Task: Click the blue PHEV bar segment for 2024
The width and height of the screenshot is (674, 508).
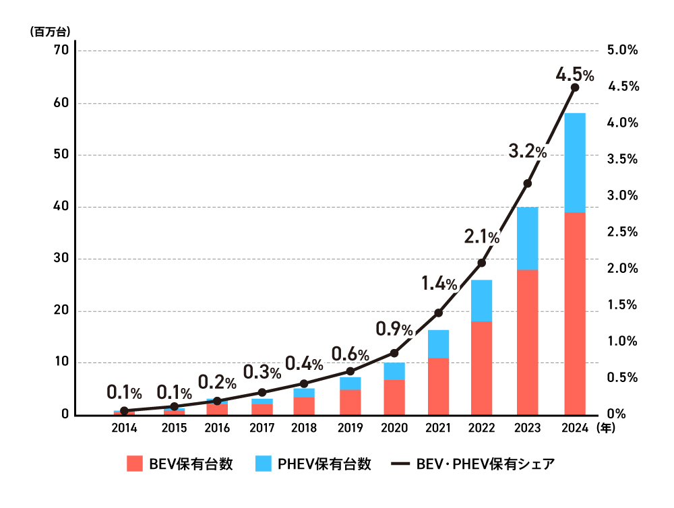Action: point(575,162)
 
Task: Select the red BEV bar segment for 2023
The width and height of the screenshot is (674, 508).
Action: point(527,342)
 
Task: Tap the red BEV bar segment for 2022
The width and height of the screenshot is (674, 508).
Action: point(481,368)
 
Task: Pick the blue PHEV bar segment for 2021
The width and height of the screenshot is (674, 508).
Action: point(438,344)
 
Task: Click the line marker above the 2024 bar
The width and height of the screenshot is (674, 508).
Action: point(575,88)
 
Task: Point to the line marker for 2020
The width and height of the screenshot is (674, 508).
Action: point(395,353)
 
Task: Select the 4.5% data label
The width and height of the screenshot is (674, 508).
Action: point(574,74)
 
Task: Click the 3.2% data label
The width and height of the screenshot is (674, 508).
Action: point(527,152)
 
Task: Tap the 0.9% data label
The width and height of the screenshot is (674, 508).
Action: point(394,329)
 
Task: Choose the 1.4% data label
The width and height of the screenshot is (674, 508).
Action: point(439,284)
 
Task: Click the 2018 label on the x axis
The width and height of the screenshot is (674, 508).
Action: point(304,428)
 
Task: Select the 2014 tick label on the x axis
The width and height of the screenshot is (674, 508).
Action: point(125,428)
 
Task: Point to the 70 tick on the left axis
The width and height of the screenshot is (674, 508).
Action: point(61,51)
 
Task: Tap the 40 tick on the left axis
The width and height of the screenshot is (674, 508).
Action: point(61,207)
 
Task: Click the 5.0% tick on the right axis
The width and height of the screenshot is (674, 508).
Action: point(623,51)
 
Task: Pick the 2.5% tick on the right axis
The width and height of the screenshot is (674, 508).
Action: point(623,232)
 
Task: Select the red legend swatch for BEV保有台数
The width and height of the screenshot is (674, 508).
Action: point(135,464)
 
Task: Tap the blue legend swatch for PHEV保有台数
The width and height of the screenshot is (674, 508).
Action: point(265,464)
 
